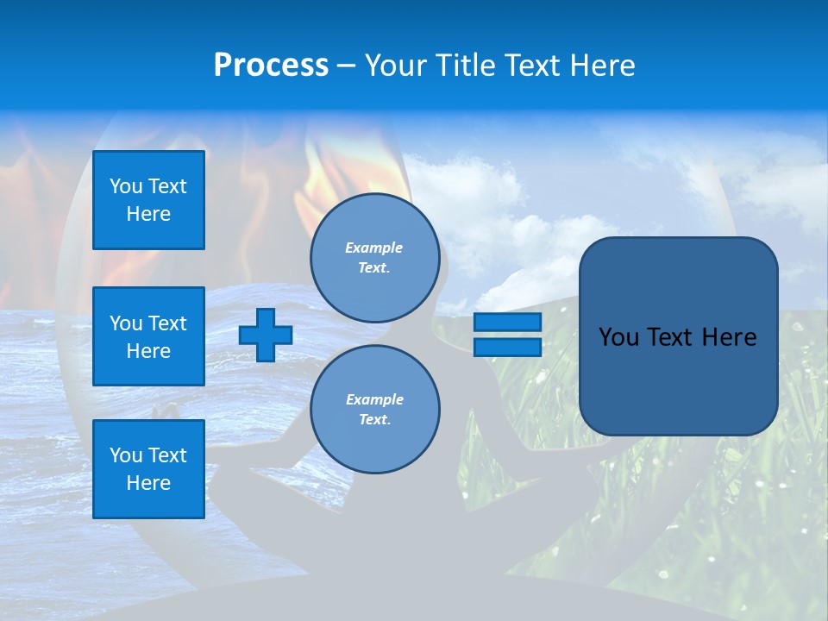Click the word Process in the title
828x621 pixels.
pyautogui.click(x=271, y=66)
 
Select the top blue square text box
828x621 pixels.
pyautogui.click(x=148, y=200)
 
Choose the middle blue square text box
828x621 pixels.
pyautogui.click(x=148, y=336)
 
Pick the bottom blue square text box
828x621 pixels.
pyautogui.click(x=148, y=469)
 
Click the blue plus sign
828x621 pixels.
pyautogui.click(x=266, y=335)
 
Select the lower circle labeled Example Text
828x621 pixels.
pyautogui.click(x=374, y=410)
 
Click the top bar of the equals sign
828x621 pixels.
pyautogui.click(x=507, y=322)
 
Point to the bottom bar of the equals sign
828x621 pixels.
pyautogui.click(x=507, y=348)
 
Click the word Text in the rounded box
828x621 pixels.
pyautogui.click(x=671, y=337)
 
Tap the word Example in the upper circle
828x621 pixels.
pyautogui.click(x=373, y=248)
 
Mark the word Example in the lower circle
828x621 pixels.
pyautogui.click(x=374, y=399)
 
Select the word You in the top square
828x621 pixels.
pyautogui.click(x=126, y=186)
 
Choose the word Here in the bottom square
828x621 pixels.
pyautogui.click(x=148, y=483)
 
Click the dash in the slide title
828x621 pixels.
pyautogui.click(x=346, y=66)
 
